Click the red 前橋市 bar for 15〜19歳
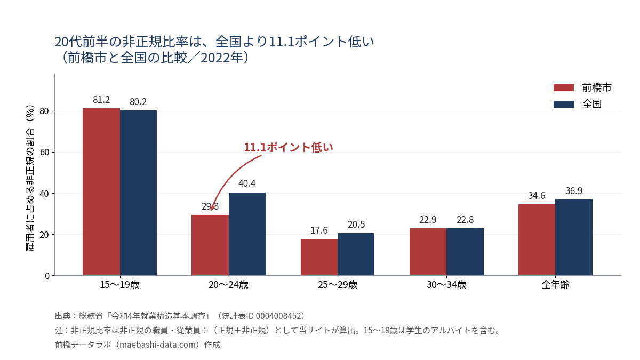pyautogui.click(x=101, y=191)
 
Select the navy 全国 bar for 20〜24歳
pyautogui.click(x=247, y=234)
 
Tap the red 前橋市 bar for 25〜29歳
pyautogui.click(x=319, y=257)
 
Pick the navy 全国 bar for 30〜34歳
pyautogui.click(x=465, y=252)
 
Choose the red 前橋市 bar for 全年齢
pyautogui.click(x=537, y=239)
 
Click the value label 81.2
pyautogui.click(x=101, y=100)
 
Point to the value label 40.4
pyautogui.click(x=247, y=183)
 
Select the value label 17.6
pyautogui.click(x=319, y=230)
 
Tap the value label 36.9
pyautogui.click(x=574, y=191)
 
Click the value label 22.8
pyautogui.click(x=465, y=220)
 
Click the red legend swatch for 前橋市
pyautogui.click(x=564, y=87)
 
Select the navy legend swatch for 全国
pyautogui.click(x=564, y=105)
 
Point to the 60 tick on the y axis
pyautogui.click(x=45, y=153)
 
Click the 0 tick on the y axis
pyautogui.click(x=47, y=276)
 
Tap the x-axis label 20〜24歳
pyautogui.click(x=229, y=285)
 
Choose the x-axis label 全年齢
pyautogui.click(x=555, y=285)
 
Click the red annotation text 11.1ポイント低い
pyautogui.click(x=289, y=147)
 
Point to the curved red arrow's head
pyautogui.click(x=211, y=209)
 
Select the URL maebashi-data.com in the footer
pyautogui.click(x=158, y=345)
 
